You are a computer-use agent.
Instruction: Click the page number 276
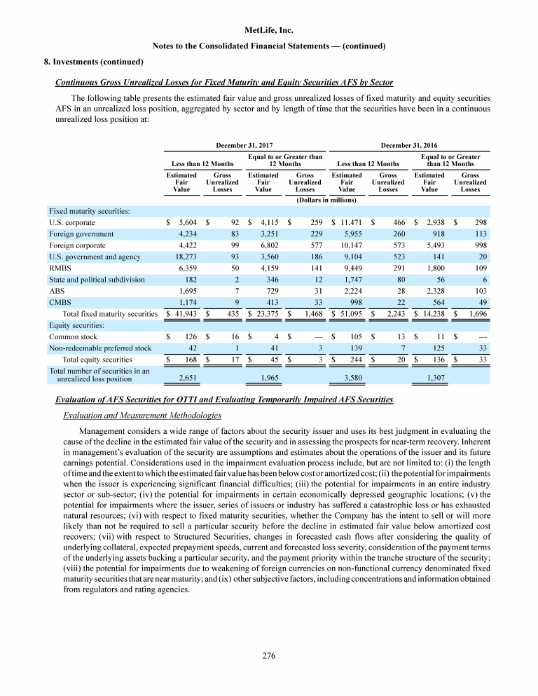click(x=269, y=656)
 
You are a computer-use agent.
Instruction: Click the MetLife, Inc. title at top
click(x=269, y=30)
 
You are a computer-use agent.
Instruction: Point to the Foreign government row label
click(x=77, y=234)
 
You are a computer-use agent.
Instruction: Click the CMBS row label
click(x=60, y=303)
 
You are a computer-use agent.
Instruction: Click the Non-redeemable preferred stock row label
click(x=99, y=348)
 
